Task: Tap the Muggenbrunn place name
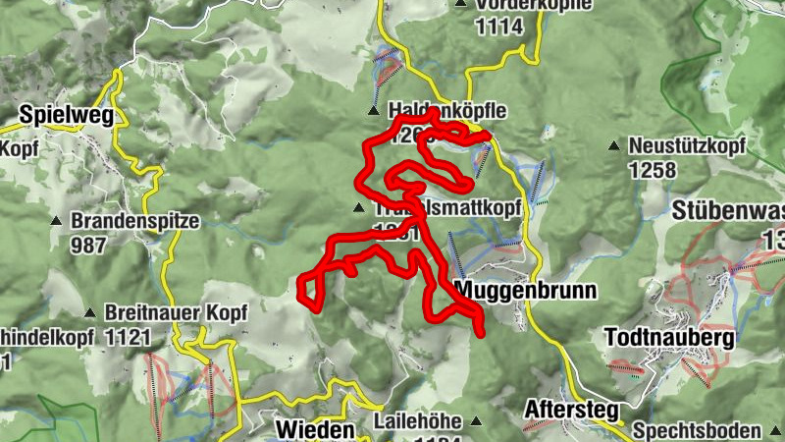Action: click(513, 292)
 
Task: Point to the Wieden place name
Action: click(314, 429)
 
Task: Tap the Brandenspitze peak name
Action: click(135, 221)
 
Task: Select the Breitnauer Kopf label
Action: click(178, 312)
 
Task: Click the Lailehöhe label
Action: click(417, 421)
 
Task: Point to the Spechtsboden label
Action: click(697, 430)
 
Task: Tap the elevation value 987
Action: click(88, 245)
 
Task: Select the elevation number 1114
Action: click(498, 28)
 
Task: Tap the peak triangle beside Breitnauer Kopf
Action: click(90, 313)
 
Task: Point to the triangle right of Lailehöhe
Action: click(477, 422)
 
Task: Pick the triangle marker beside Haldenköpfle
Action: click(373, 111)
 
